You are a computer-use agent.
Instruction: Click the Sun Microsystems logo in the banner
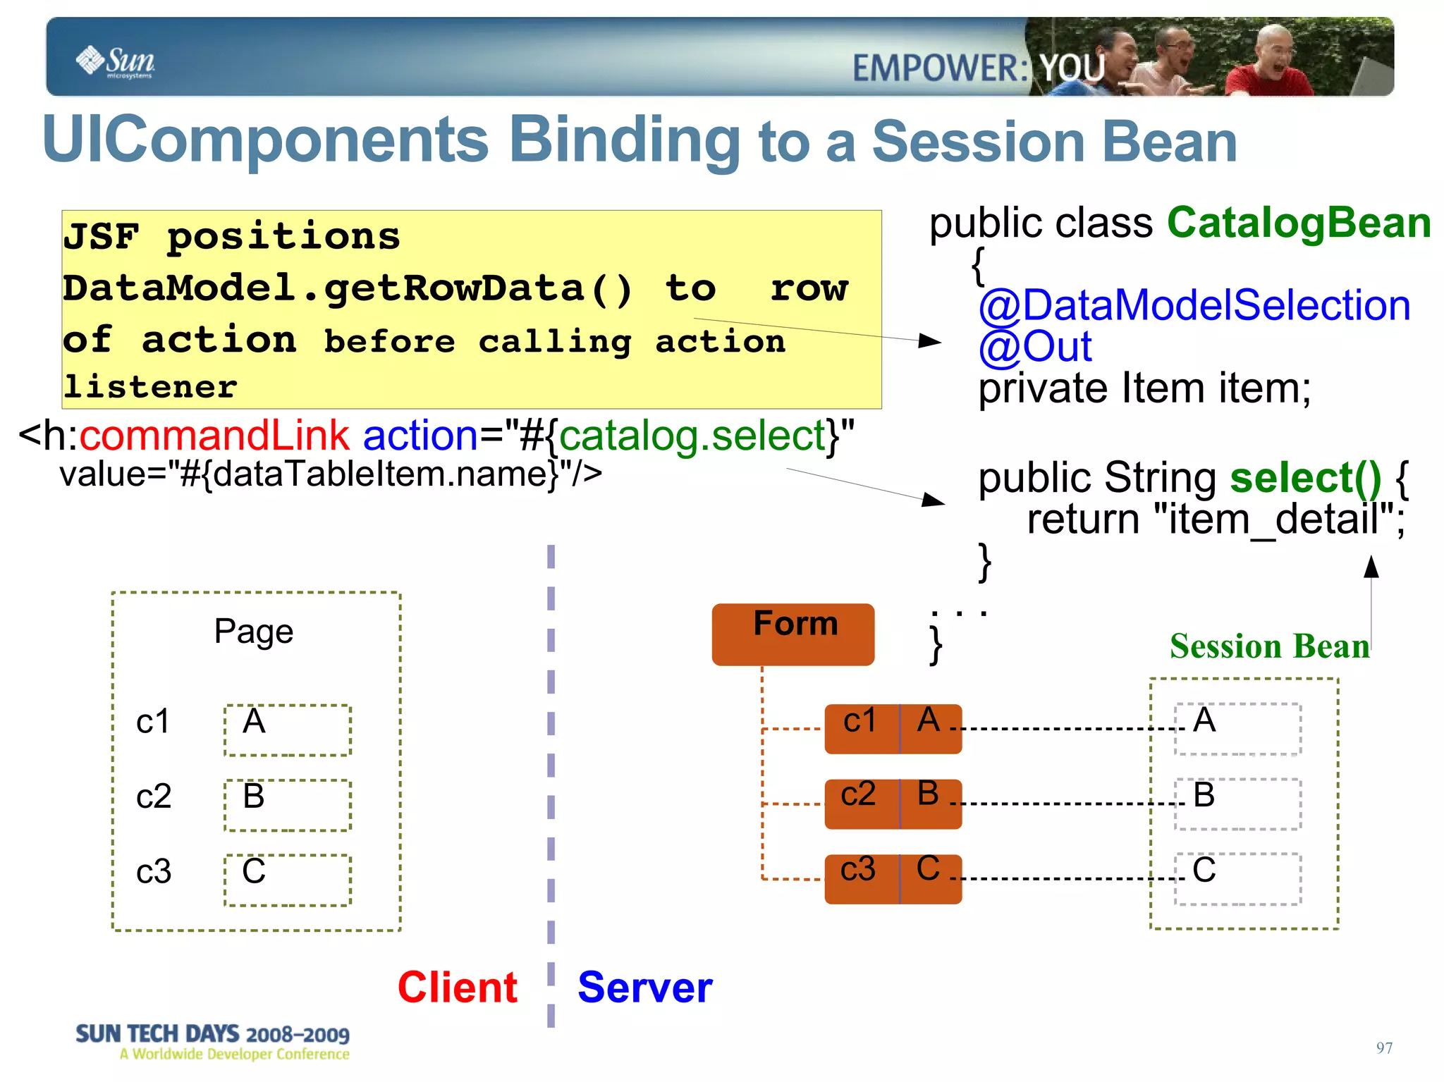point(116,61)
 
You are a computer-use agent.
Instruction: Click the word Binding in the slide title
point(624,140)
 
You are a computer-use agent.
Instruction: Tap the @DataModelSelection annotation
point(1194,305)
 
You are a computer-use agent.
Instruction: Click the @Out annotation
point(1034,347)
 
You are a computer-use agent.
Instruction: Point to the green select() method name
point(1305,478)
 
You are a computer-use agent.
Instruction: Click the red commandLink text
point(214,436)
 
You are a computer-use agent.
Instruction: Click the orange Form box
point(793,634)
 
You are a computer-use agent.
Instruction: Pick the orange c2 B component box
point(893,804)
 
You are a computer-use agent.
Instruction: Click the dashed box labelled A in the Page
point(288,730)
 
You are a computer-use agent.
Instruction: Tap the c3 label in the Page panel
point(154,872)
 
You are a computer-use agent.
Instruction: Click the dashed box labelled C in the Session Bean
point(1237,878)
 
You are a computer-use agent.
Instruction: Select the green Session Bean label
point(1269,646)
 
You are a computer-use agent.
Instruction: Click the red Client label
point(458,987)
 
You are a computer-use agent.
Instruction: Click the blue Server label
point(644,987)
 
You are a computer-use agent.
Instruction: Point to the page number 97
point(1383,1048)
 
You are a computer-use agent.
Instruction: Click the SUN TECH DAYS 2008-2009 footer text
point(212,1034)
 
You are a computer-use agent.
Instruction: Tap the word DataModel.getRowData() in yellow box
point(348,288)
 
